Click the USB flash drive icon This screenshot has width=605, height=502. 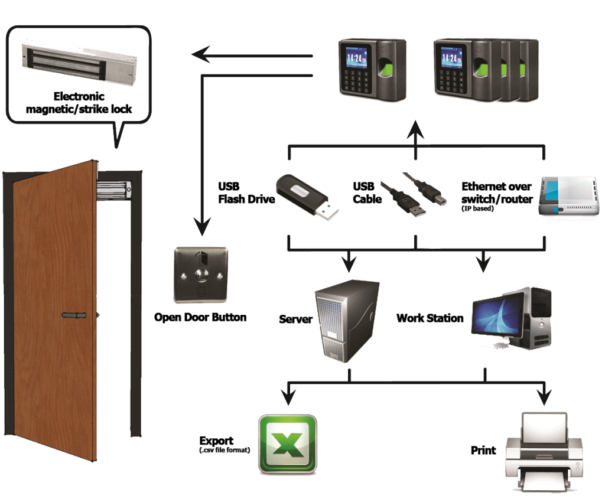coord(307,197)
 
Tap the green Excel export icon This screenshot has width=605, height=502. coord(288,444)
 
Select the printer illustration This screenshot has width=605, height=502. coord(544,451)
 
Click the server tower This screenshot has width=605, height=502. coord(347,321)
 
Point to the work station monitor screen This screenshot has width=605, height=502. coord(497,314)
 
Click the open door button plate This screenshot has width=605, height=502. coord(201,275)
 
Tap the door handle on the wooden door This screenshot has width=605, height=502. coord(74,315)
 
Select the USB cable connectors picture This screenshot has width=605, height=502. coord(414,194)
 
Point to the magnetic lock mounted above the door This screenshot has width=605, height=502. coord(113,190)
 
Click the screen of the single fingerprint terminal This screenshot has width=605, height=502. coord(356,58)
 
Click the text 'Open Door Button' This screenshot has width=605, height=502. coord(200,317)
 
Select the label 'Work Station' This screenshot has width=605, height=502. coord(430,318)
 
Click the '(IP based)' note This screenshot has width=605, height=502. coord(477,208)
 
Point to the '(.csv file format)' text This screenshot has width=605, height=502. coord(225,450)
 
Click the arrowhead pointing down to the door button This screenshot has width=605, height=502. coord(202,227)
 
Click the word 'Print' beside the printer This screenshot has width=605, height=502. coord(483,451)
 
